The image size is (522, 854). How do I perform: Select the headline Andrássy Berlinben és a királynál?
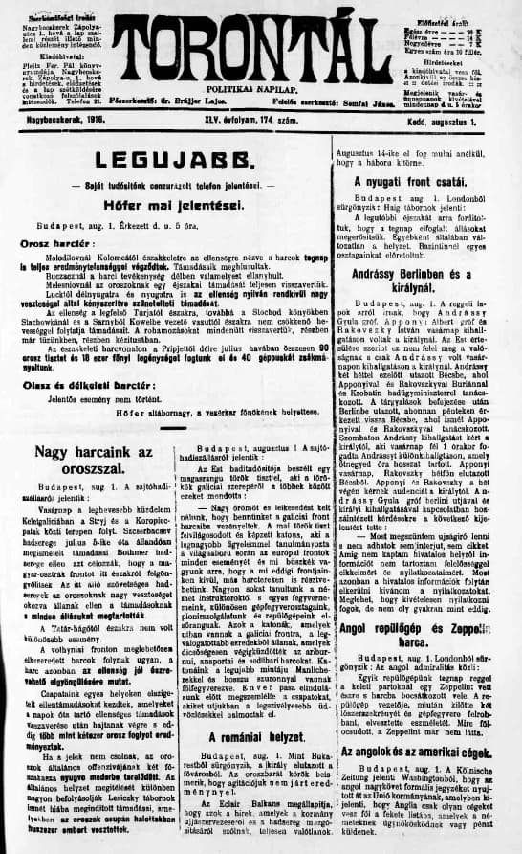423,279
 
